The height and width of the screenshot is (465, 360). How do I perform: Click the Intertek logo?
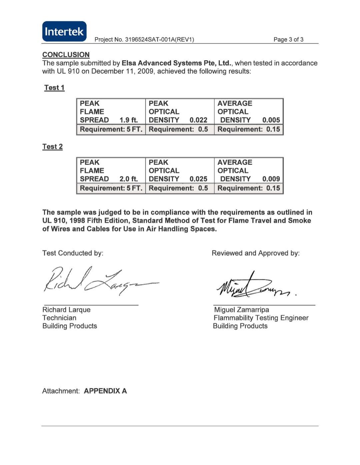pos(64,32)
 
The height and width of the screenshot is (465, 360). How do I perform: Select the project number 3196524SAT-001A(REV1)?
pos(159,40)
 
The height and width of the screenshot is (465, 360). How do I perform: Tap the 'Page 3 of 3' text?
pos(288,40)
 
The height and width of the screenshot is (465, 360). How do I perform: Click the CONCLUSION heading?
pos(66,55)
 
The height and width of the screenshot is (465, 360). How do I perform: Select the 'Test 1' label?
pos(54,88)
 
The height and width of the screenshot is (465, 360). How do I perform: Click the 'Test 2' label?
pos(53,147)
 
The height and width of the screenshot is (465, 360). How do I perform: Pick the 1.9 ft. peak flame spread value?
pos(129,120)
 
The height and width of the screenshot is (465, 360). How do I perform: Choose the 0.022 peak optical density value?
pos(198,120)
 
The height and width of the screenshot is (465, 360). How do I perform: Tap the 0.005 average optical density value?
pos(271,120)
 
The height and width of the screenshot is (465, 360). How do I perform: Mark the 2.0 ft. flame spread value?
pos(129,179)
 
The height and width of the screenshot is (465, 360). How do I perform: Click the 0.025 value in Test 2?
pos(198,179)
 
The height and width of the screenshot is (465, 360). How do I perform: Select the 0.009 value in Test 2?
pos(271,179)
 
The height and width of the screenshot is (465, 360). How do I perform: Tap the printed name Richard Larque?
pos(66,310)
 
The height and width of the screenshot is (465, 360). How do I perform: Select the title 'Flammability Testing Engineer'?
pos(261,318)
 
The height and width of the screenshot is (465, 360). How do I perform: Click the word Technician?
pos(59,318)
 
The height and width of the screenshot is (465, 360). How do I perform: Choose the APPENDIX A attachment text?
pos(105,391)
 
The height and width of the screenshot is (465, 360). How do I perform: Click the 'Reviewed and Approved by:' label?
pos(256,253)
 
